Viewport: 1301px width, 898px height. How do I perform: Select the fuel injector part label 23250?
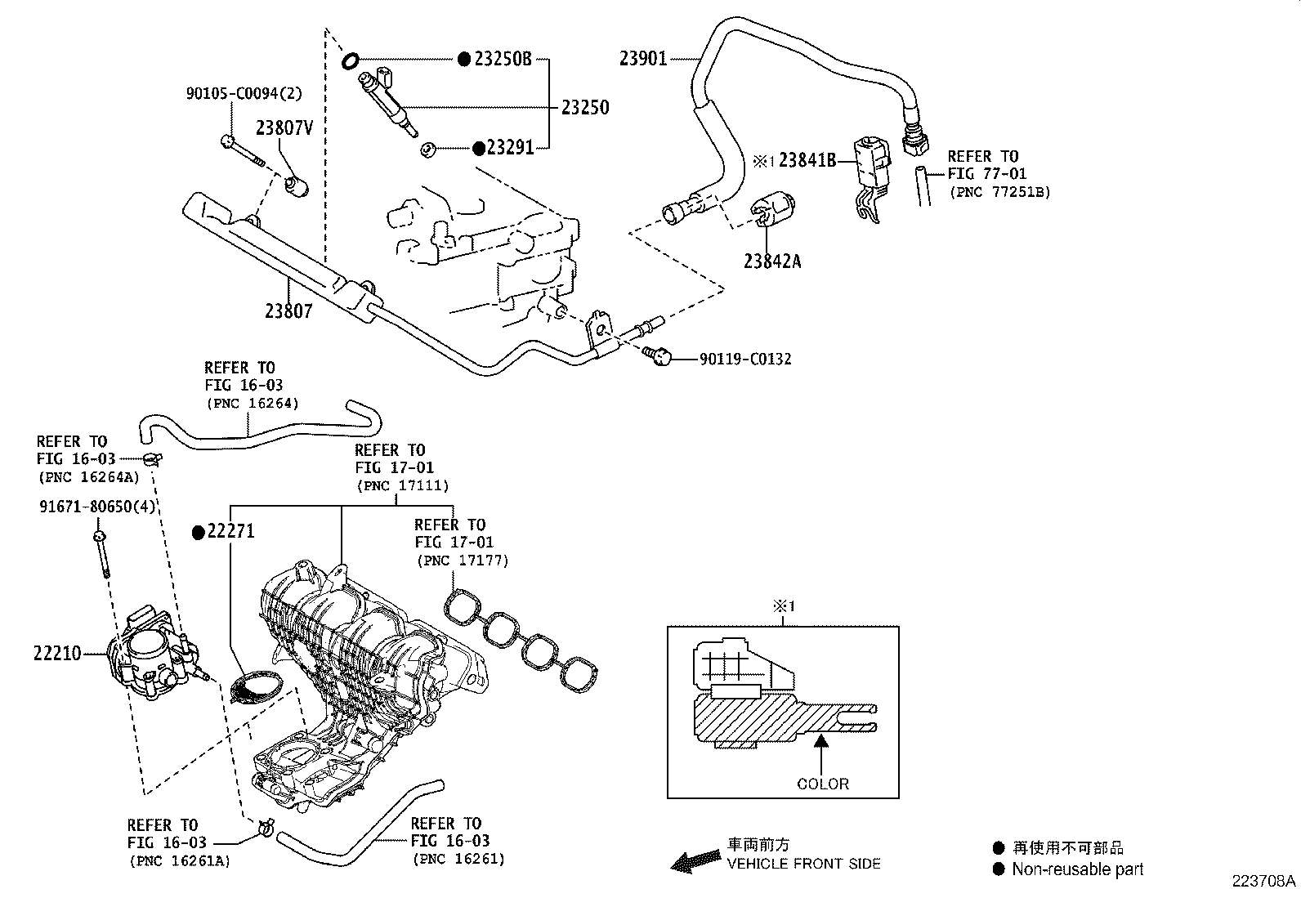(x=584, y=108)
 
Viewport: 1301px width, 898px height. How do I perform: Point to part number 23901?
(x=643, y=59)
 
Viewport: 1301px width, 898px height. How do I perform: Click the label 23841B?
(x=807, y=160)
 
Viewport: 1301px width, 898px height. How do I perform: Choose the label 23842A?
(x=772, y=261)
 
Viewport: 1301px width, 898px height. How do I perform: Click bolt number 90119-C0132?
(x=745, y=359)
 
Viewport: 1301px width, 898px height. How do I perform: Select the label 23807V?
(x=284, y=128)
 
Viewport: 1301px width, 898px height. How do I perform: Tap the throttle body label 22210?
(x=57, y=654)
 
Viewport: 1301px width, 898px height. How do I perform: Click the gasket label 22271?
(x=230, y=532)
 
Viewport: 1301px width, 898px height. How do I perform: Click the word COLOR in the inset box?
(x=823, y=784)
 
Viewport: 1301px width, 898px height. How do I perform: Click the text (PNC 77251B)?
(x=999, y=193)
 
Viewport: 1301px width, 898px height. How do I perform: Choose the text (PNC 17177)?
(x=462, y=561)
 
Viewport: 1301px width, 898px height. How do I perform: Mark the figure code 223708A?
(x=1264, y=882)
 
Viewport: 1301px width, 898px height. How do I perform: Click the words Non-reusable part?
(x=1077, y=869)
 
